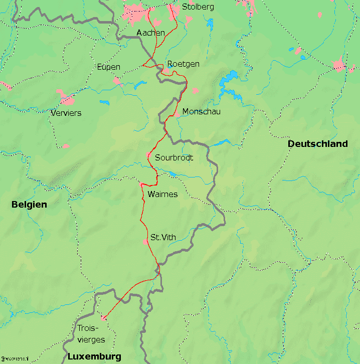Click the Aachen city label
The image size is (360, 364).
coord(150,33)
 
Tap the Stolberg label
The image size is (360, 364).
coord(198,7)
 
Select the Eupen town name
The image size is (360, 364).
coord(108,67)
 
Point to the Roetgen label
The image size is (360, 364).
coord(183,64)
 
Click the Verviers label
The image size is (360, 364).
coord(66,113)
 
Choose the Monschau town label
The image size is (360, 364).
coord(202,112)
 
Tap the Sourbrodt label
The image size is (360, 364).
coord(174,158)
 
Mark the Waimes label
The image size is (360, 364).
coord(162,195)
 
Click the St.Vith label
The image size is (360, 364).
coord(162,237)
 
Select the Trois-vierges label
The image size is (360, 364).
coord(92,334)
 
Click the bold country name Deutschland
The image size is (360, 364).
coord(317,144)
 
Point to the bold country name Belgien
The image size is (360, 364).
coord(29,205)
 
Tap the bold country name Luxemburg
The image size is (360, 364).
coord(94,357)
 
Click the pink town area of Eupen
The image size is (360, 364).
coord(117,80)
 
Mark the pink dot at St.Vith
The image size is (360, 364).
coord(146,242)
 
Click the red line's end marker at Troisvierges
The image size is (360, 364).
coord(103,317)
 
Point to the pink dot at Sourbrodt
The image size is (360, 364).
coord(148,155)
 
